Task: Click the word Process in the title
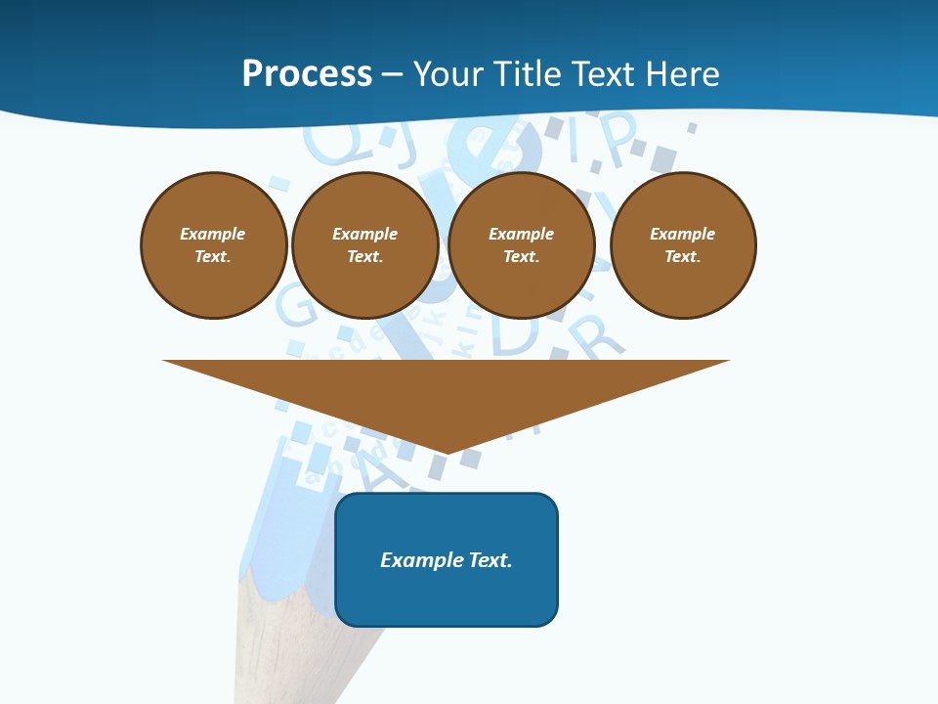307,74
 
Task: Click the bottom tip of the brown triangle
447,451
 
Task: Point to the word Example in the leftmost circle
213,234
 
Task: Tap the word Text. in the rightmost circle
683,256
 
